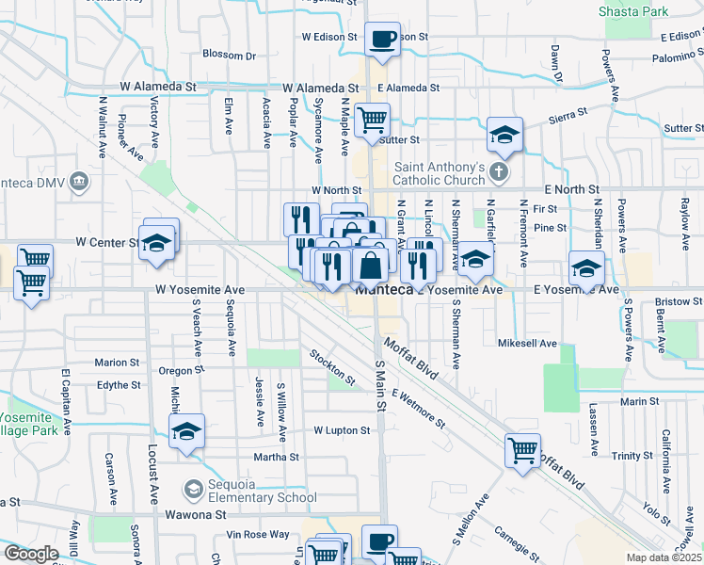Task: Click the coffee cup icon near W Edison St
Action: click(382, 40)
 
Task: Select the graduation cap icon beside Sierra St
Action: click(504, 135)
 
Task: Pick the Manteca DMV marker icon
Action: click(79, 180)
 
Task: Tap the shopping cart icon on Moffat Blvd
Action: click(522, 448)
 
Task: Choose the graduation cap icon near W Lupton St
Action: click(187, 432)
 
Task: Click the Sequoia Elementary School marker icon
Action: click(194, 489)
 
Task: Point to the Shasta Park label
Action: click(633, 11)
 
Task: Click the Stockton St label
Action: click(333, 368)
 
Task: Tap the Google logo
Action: click(31, 554)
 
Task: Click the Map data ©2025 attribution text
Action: click(664, 557)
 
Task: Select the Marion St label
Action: click(117, 362)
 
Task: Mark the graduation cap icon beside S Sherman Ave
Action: click(475, 258)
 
